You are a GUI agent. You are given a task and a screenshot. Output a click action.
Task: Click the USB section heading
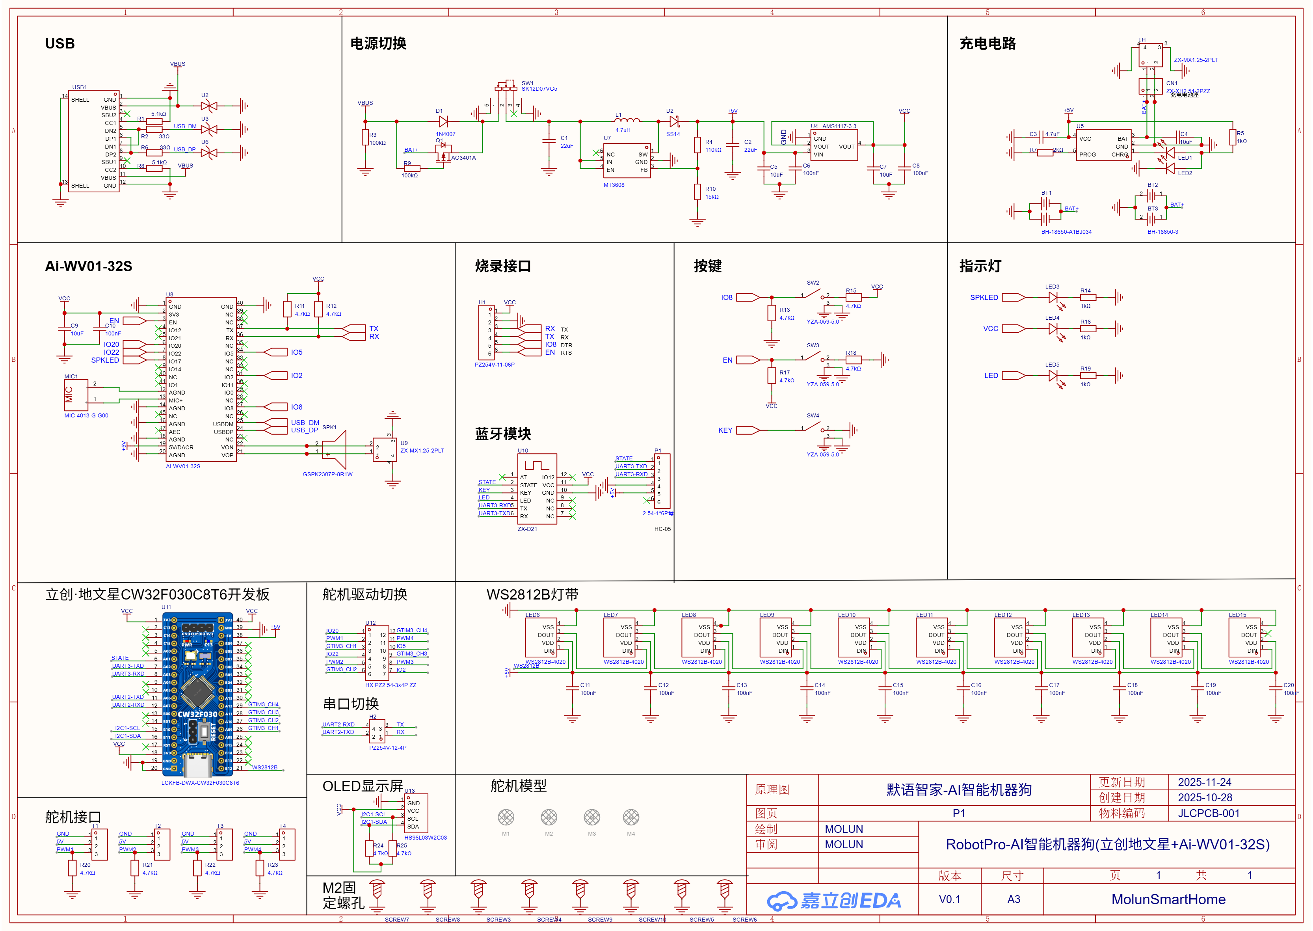[60, 44]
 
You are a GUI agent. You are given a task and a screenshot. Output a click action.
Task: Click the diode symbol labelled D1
[443, 121]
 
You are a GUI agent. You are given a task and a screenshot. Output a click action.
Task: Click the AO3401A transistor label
[463, 158]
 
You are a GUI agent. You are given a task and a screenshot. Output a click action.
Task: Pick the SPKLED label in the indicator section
[984, 298]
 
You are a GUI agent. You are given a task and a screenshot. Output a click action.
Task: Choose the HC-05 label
[662, 529]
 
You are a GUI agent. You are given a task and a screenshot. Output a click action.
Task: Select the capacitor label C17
[1054, 685]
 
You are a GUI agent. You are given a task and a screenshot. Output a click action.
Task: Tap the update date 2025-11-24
[1204, 782]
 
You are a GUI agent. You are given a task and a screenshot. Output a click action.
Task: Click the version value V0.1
[950, 899]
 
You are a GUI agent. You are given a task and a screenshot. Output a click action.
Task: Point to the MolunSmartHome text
[1168, 899]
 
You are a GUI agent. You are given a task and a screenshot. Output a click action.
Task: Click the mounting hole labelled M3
[592, 817]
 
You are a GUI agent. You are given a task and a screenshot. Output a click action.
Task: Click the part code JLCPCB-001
[1209, 814]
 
